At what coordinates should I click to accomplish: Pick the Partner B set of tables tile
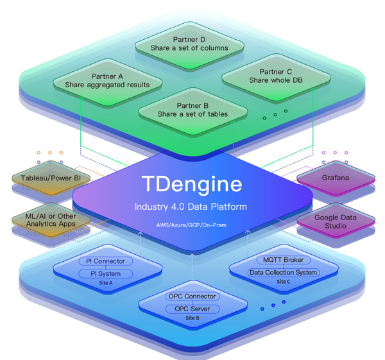pos(193,110)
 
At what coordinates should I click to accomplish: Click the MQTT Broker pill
pos(283,260)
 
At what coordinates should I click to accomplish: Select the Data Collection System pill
pos(283,272)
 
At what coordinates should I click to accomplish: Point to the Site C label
pos(283,281)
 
